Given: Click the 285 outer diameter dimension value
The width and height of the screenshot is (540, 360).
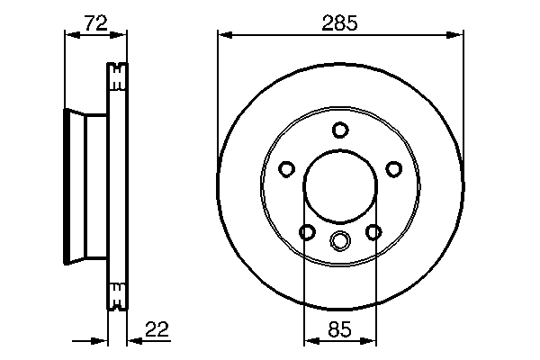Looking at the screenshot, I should coord(339,24).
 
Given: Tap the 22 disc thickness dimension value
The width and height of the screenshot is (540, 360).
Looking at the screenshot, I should coord(157,329).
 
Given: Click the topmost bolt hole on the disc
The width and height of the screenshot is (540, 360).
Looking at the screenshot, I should coord(339,130).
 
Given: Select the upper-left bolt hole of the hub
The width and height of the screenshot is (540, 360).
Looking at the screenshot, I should coord(286,169).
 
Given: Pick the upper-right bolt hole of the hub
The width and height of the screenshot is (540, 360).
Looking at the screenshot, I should coord(392,169).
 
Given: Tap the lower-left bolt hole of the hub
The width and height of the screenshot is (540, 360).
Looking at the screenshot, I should coord(307,232).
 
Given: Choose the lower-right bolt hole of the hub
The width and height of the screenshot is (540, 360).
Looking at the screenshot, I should coord(373,232).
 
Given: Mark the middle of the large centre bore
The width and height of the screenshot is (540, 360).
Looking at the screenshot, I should coord(339,187).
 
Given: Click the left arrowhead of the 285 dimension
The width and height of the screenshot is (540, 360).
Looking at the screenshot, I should coord(225,35).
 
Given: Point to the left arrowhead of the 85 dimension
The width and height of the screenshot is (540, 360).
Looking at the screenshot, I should coord(310,340).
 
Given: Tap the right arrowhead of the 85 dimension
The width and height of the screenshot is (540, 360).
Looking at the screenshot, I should coord(368,340).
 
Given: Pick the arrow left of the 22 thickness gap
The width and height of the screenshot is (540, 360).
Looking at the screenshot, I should coord(101,340).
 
